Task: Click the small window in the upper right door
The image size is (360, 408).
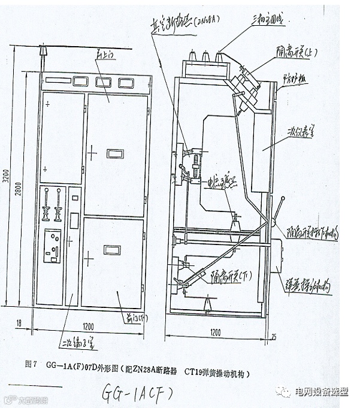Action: click(x=115, y=154)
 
